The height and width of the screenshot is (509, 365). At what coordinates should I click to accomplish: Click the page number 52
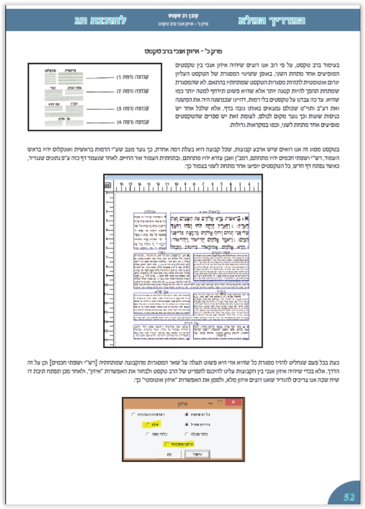[x=348, y=496]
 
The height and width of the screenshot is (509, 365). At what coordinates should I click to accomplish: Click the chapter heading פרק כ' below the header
[x=182, y=51]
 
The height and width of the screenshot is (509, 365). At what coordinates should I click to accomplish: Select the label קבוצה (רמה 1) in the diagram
[x=129, y=76]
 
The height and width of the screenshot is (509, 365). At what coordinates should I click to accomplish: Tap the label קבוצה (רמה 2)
[x=129, y=91]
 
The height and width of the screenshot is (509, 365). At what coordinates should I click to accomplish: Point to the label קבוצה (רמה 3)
[x=129, y=108]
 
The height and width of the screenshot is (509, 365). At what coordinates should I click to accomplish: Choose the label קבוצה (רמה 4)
[x=129, y=122]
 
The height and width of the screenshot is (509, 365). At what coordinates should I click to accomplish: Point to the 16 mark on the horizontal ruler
[x=121, y=184]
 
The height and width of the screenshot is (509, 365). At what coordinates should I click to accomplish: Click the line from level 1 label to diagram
[x=97, y=76]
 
